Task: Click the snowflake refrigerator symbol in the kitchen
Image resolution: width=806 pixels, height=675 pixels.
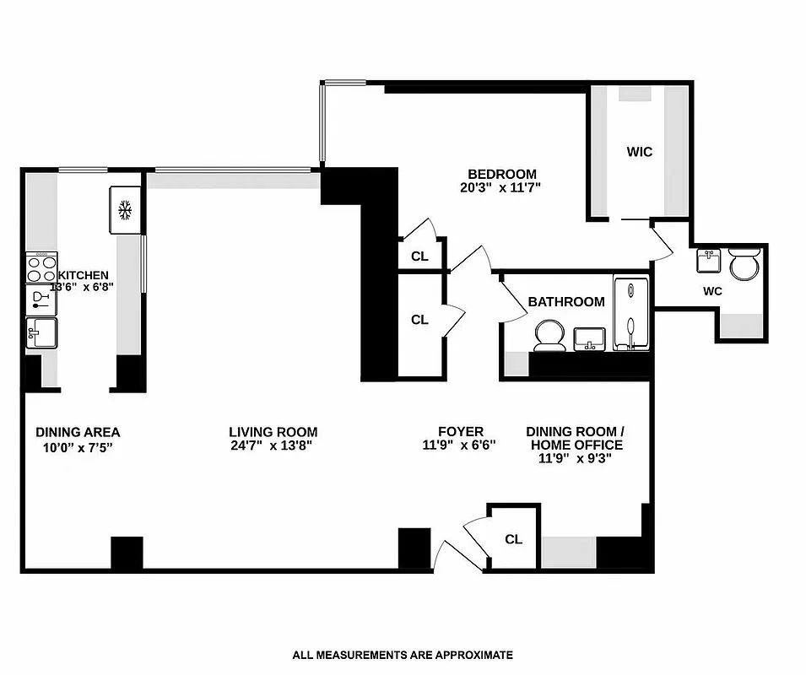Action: (x=125, y=209)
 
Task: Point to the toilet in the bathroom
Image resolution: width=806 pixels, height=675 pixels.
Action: (x=550, y=335)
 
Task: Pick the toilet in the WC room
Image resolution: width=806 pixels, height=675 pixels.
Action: (x=744, y=266)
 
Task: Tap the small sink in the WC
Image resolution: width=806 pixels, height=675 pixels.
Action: (x=707, y=261)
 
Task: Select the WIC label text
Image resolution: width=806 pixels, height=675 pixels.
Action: (x=639, y=152)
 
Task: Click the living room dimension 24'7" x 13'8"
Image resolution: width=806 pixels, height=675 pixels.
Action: (x=273, y=446)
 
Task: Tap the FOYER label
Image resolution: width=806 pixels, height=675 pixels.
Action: (x=460, y=432)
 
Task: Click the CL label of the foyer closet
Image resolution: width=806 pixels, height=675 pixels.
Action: (x=513, y=539)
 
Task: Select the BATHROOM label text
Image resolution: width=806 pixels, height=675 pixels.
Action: (x=565, y=301)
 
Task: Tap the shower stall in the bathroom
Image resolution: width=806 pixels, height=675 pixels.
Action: (x=631, y=314)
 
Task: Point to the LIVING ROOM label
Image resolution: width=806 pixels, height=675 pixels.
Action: (x=273, y=432)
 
